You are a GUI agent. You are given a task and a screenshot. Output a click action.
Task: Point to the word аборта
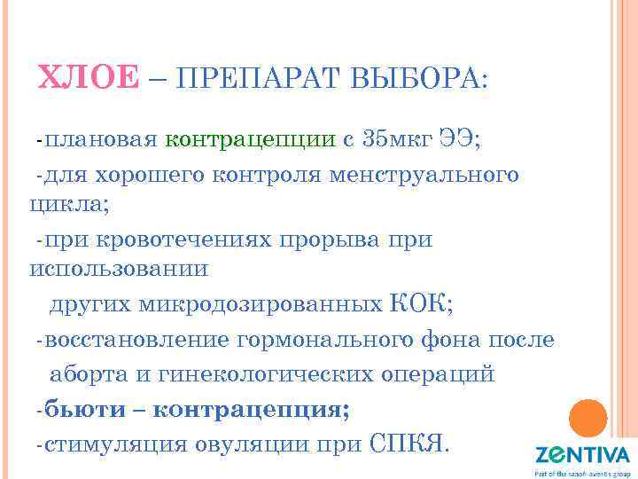click(x=89, y=374)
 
